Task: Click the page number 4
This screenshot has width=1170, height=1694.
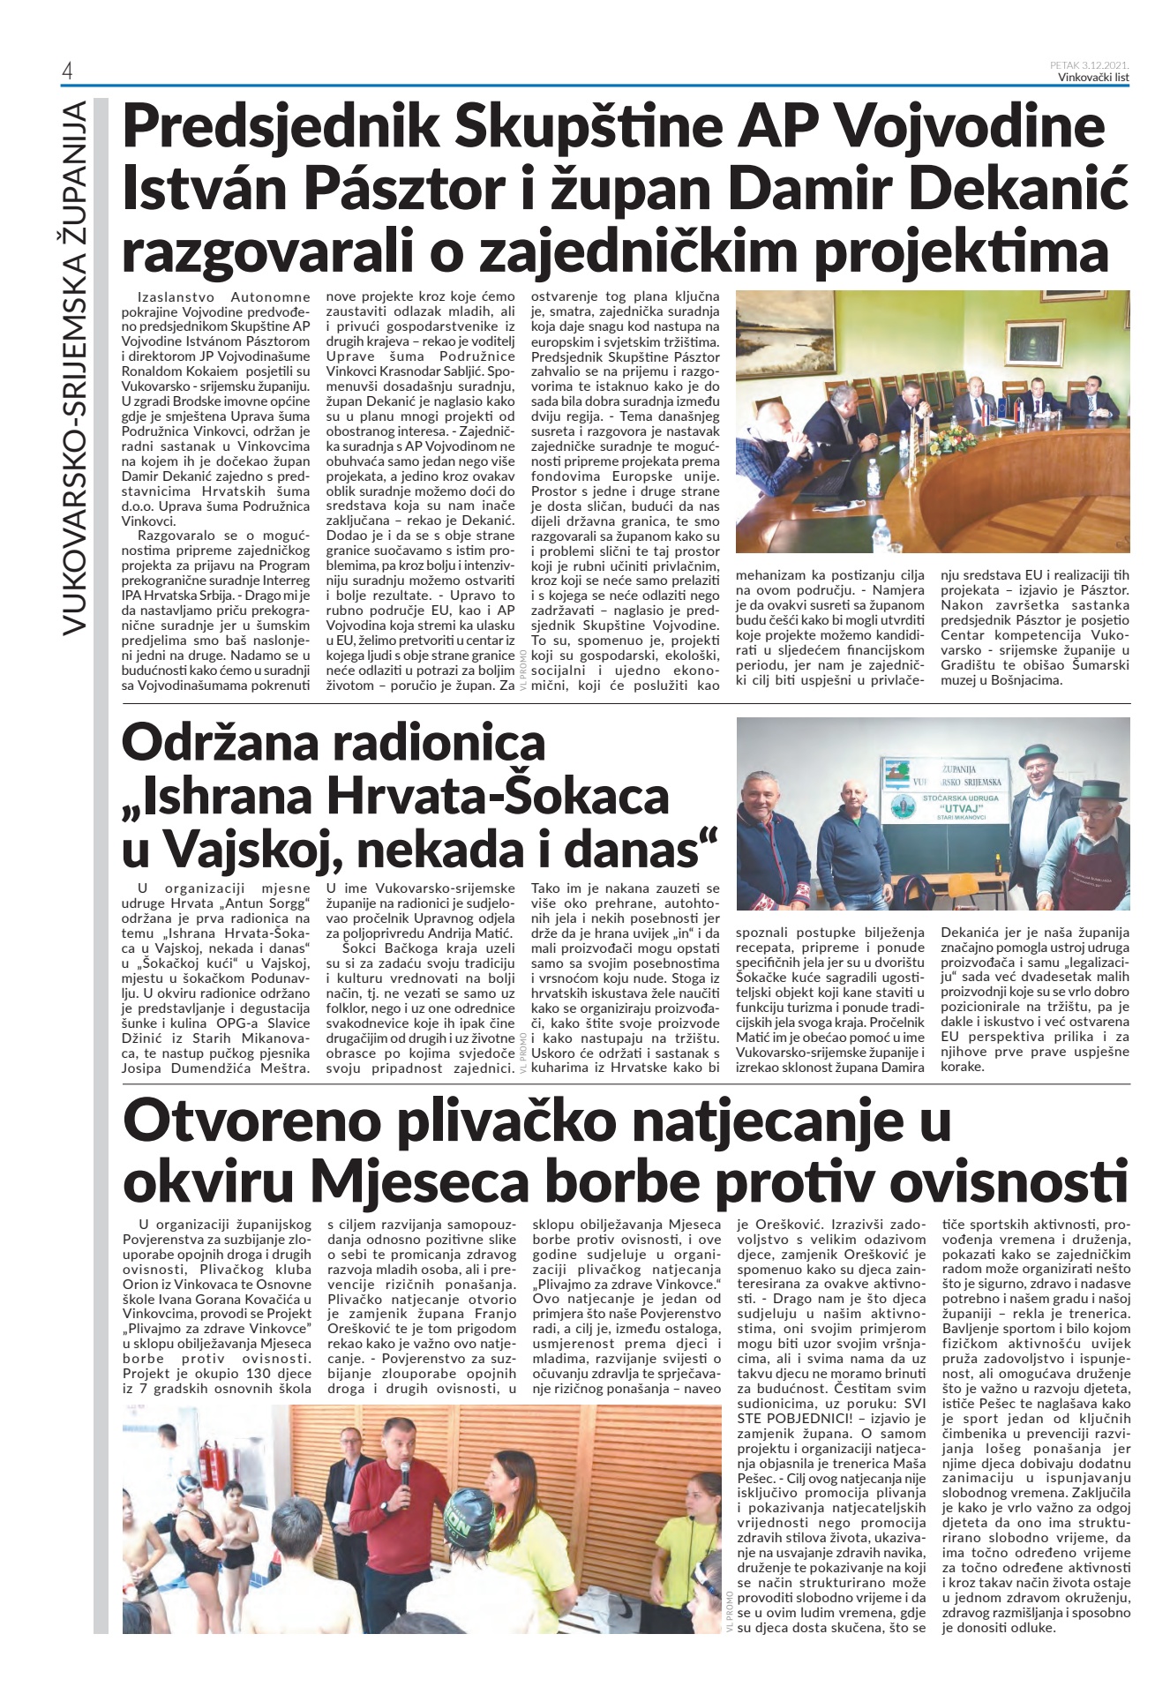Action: click(x=67, y=71)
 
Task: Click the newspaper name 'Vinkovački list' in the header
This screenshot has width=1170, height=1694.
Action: click(x=1093, y=77)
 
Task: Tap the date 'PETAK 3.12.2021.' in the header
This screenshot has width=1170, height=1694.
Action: click(x=1090, y=64)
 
